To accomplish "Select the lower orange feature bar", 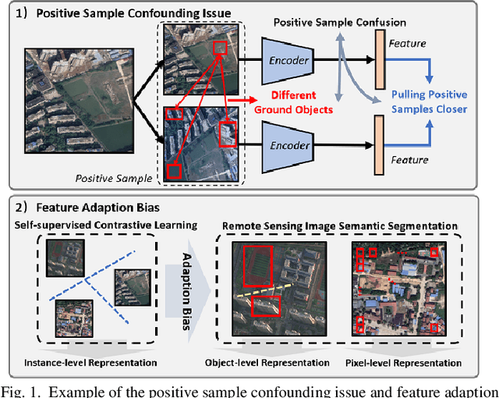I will (x=380, y=145).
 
